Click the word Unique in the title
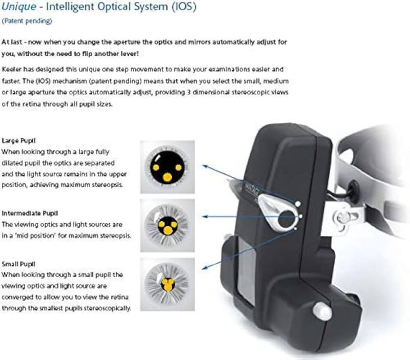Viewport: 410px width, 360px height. coord(19,7)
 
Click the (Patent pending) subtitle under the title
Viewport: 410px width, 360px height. coord(27,21)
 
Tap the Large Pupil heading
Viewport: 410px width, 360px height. coord(18,140)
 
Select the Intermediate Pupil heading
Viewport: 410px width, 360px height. coord(30,213)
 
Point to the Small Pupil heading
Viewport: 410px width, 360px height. coord(18,264)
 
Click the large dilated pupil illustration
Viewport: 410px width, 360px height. coord(168,167)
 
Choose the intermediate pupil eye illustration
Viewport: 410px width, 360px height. coord(168,225)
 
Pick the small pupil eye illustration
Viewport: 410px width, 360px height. coord(168,285)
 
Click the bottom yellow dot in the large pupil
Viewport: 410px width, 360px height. coord(168,177)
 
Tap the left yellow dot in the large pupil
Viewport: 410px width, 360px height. coord(156,167)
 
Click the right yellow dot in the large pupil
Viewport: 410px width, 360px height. coord(178,167)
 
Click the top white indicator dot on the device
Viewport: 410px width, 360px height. coord(298,204)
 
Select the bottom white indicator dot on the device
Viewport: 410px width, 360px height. coord(296,229)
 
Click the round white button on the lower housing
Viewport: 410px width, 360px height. coord(322,311)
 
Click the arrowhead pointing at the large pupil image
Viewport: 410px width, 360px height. coord(205,166)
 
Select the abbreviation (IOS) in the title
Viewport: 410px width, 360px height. coord(184,7)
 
